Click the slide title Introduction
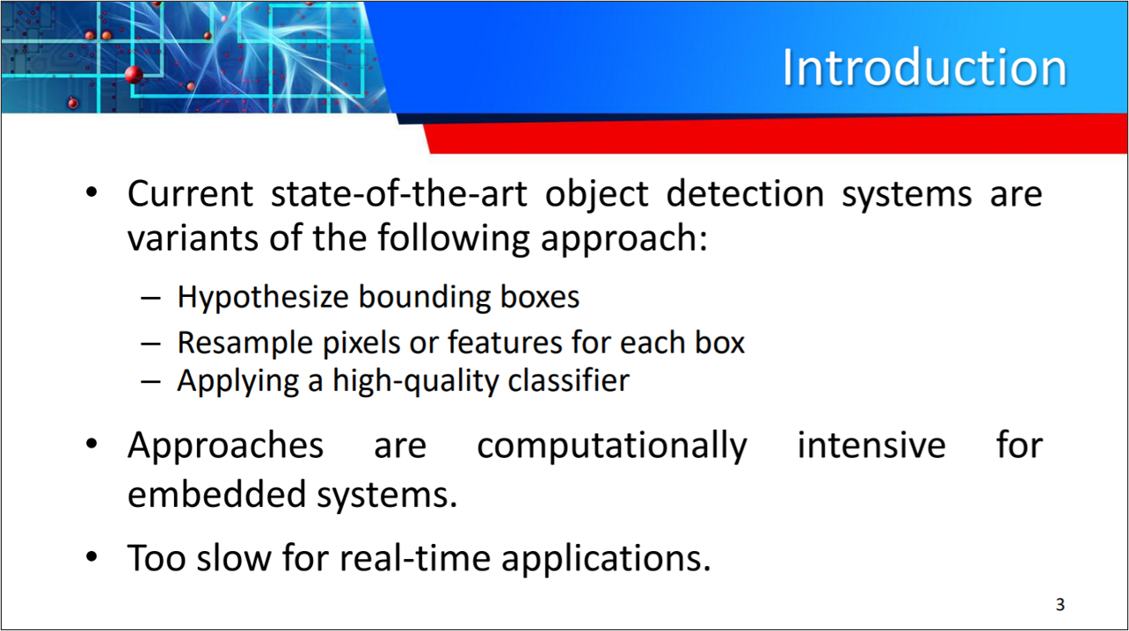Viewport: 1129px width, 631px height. pyautogui.click(x=924, y=67)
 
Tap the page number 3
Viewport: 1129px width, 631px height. pyautogui.click(x=1060, y=604)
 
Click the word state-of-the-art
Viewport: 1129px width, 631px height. pyautogui.click(x=398, y=193)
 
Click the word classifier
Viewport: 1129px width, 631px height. pyautogui.click(x=569, y=380)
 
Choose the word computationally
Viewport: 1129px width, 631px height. pyautogui.click(x=612, y=446)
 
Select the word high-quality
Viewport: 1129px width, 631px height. pyautogui.click(x=414, y=381)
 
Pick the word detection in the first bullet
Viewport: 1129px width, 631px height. pyautogui.click(x=745, y=193)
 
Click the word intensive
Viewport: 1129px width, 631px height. pyautogui.click(x=871, y=446)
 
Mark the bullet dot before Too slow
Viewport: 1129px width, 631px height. pyautogui.click(x=91, y=556)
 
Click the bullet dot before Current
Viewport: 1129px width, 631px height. pyautogui.click(x=91, y=192)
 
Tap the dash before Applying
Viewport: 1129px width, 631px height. pyautogui.click(x=150, y=382)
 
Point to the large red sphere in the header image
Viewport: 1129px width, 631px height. pyautogui.click(x=134, y=75)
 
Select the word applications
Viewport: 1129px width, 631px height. pyautogui.click(x=606, y=558)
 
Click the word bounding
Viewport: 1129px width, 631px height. pyautogui.click(x=424, y=297)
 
